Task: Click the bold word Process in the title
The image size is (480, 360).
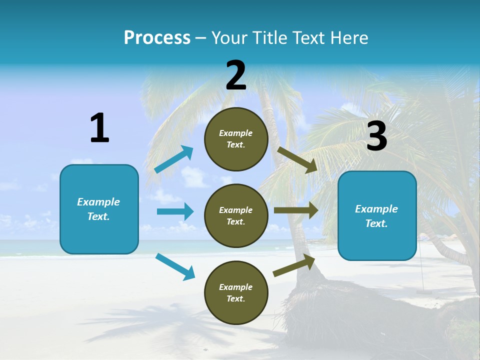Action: (157, 38)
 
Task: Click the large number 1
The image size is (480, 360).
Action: (99, 128)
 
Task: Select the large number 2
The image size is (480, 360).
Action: (236, 75)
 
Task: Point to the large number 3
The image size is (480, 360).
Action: (376, 136)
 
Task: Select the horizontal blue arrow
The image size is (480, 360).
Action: (175, 211)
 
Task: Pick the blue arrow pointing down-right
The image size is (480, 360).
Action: (175, 266)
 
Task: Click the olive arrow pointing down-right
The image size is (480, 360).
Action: (297, 159)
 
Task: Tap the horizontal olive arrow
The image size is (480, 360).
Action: (295, 210)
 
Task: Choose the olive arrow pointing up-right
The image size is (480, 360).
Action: (294, 265)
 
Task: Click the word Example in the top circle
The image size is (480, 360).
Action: (235, 133)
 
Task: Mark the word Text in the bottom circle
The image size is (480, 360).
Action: (235, 298)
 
